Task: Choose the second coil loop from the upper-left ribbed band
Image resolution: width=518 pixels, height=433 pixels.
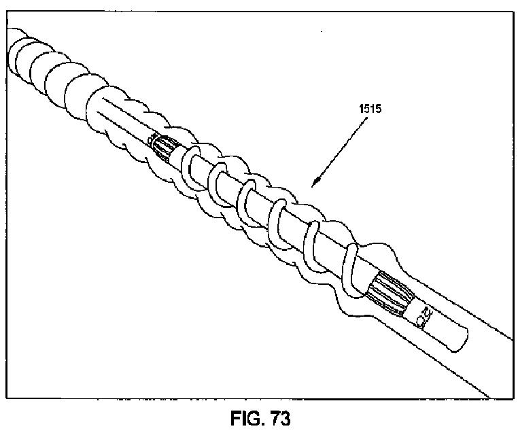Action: click(218, 179)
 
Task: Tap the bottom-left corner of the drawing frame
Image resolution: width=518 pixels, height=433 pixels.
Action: click(6, 400)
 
